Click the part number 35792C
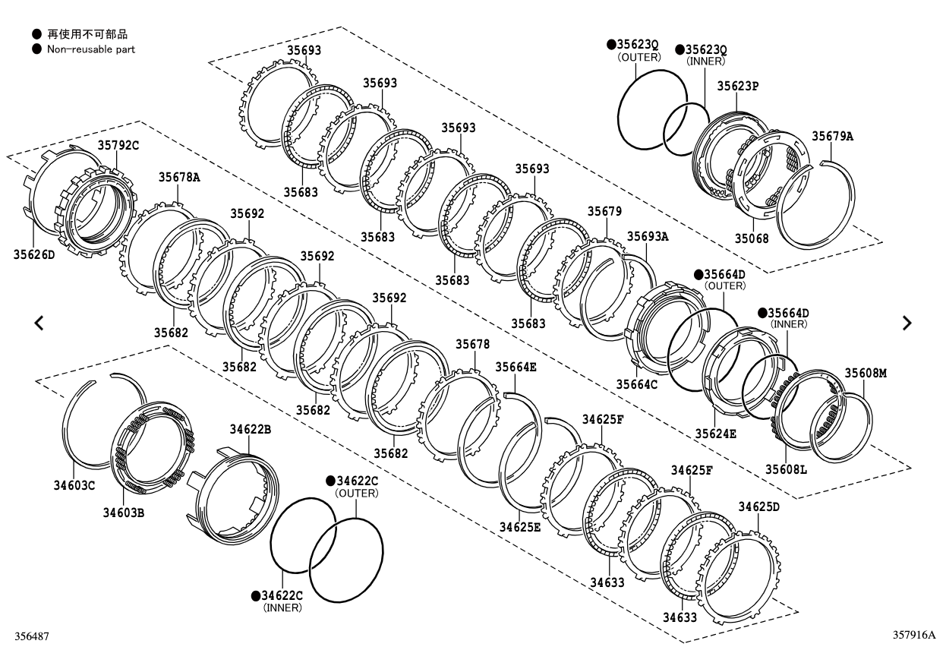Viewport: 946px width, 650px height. coord(118,144)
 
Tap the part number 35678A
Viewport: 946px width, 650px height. coord(179,177)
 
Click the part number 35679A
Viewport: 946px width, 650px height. coord(832,137)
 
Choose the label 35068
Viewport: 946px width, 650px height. coord(752,238)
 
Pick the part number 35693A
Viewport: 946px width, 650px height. coord(648,236)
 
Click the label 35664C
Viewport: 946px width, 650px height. coord(636,384)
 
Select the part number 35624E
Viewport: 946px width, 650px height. coord(715,433)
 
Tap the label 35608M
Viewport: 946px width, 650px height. coord(866,373)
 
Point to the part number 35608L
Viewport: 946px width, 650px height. coord(785,469)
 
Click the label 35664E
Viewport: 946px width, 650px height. coord(516,367)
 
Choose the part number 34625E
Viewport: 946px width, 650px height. coord(520,526)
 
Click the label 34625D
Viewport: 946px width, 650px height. coord(759,506)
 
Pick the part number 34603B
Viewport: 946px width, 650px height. coord(124,513)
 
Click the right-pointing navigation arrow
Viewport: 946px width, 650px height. coord(907,323)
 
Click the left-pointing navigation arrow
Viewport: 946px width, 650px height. coord(39,323)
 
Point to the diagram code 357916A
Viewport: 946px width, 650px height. coord(915,635)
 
